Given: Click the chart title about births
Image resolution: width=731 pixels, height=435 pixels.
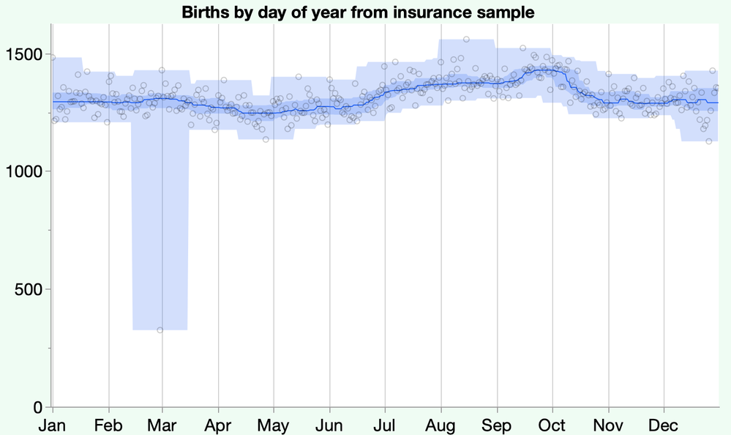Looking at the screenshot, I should pyautogui.click(x=358, y=12).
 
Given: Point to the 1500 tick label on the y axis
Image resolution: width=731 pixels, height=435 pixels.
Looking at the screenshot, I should pyautogui.click(x=26, y=54).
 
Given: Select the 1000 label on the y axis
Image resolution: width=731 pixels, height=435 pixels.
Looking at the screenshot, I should pyautogui.click(x=26, y=171).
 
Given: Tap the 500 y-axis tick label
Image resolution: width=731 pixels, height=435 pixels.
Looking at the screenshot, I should pyautogui.click(x=31, y=289).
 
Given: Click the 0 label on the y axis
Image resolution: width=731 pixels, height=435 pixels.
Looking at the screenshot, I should pyautogui.click(x=40, y=407).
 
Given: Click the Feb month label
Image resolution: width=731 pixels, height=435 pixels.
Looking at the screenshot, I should pyautogui.click(x=108, y=425).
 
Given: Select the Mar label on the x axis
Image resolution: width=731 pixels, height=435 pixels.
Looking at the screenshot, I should pyautogui.click(x=162, y=425).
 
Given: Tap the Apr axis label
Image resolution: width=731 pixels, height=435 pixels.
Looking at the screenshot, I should pyautogui.click(x=217, y=425).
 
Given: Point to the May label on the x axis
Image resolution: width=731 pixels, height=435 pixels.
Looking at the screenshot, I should pyautogui.click(x=273, y=425).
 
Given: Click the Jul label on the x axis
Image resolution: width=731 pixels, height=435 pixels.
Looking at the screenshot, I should pyautogui.click(x=384, y=425).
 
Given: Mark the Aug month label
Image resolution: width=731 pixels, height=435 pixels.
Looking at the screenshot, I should pyautogui.click(x=441, y=425).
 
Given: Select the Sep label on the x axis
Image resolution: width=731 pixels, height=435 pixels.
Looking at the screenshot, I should pyautogui.click(x=498, y=425).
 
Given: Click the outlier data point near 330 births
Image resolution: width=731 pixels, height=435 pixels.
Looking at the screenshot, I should pyautogui.click(x=160, y=330).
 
